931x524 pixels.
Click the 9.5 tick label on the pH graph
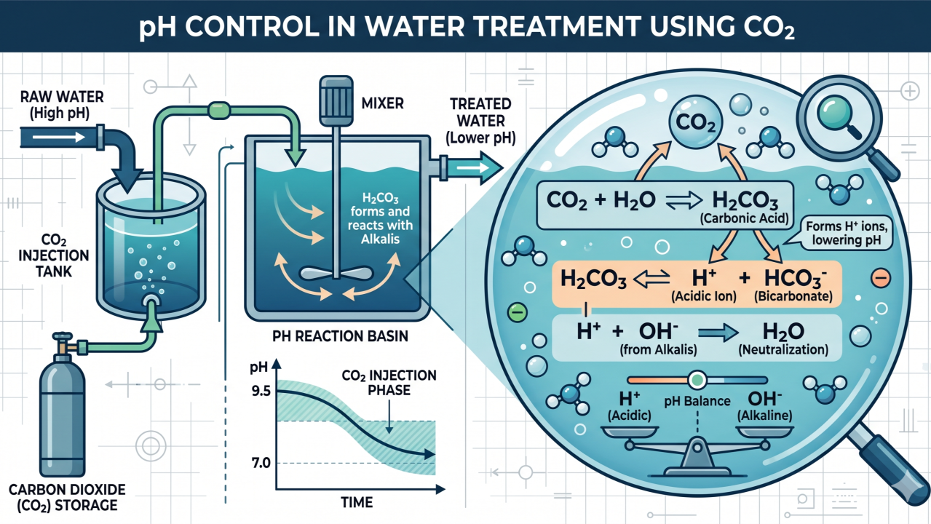tap(261, 391)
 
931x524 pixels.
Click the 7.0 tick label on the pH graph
tap(261, 462)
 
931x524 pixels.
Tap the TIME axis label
tap(357, 502)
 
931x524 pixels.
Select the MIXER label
tap(382, 103)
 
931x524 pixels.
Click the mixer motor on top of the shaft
tap(336, 100)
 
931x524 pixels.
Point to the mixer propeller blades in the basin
tap(336, 273)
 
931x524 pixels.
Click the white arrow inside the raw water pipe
tap(59, 137)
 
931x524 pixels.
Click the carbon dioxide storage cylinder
tap(63, 416)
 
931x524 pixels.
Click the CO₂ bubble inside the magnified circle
tap(696, 122)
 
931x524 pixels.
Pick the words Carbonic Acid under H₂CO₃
tap(744, 218)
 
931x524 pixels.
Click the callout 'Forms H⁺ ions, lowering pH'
tap(847, 233)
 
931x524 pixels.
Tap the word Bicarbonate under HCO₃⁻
tap(793, 296)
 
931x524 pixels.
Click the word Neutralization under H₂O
tap(783, 349)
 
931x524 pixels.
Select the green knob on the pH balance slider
tap(697, 380)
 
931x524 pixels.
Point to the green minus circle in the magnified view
tap(518, 312)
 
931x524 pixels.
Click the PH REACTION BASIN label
tap(340, 336)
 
